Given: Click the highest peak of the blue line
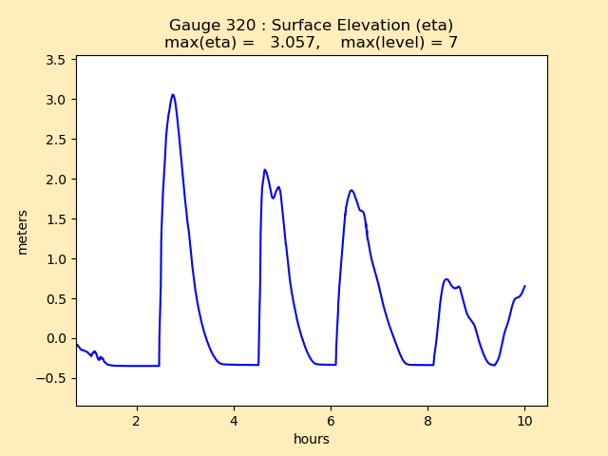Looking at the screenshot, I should click(x=173, y=95).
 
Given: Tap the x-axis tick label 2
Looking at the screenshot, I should click(x=137, y=421).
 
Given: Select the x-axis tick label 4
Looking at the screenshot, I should click(x=234, y=421).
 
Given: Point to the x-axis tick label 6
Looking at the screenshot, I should click(x=331, y=421).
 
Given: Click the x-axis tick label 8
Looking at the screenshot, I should click(x=427, y=421).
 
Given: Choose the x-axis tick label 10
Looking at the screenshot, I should click(x=524, y=421).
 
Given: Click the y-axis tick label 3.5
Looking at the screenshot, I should click(x=56, y=60).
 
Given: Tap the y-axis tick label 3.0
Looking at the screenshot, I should click(x=56, y=100).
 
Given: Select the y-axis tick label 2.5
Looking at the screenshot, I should click(x=56, y=140).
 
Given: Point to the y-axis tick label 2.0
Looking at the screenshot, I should click(x=56, y=180).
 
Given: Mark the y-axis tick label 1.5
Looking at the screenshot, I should click(x=56, y=219).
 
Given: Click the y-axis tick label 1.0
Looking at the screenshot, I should click(x=56, y=259).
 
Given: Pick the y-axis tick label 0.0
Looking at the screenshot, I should click(x=56, y=339).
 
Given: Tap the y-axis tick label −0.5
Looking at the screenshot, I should click(x=51, y=378).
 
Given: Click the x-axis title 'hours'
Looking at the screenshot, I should click(x=312, y=439).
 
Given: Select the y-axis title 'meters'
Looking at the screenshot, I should click(x=23, y=232).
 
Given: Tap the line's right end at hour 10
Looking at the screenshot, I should click(x=524, y=286).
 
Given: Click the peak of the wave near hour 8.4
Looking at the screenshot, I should click(x=446, y=279).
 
